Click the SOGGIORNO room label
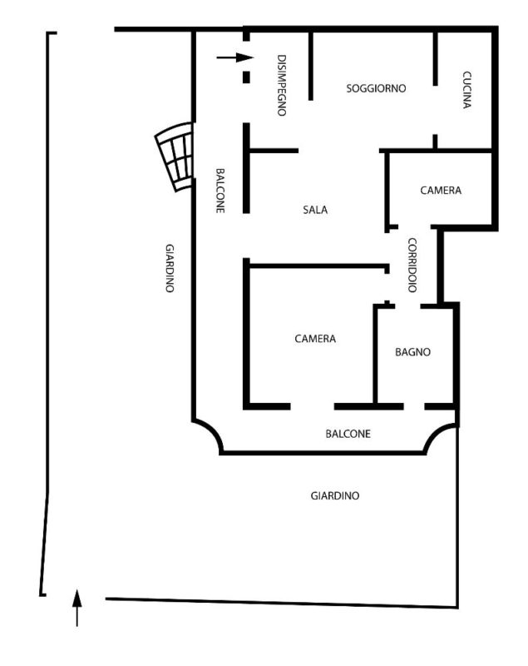click(x=376, y=88)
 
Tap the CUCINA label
click(x=466, y=90)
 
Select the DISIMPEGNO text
click(x=281, y=85)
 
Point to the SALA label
click(x=315, y=210)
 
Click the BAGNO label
click(x=412, y=351)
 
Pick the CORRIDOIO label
click(x=412, y=266)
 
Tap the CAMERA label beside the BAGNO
click(x=315, y=339)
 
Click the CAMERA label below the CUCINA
click(x=441, y=191)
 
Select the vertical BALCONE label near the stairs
click(x=220, y=191)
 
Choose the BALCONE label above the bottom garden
click(x=348, y=434)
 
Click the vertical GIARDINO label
click(x=170, y=268)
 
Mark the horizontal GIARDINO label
click(x=335, y=495)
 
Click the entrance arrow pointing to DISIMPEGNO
click(x=235, y=57)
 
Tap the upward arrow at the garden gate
click(x=76, y=608)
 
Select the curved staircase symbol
click(x=175, y=157)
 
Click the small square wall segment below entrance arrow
click(x=246, y=77)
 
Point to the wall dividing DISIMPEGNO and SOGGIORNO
click(x=311, y=65)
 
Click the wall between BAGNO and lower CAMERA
click(x=375, y=355)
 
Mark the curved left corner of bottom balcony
click(x=210, y=433)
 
